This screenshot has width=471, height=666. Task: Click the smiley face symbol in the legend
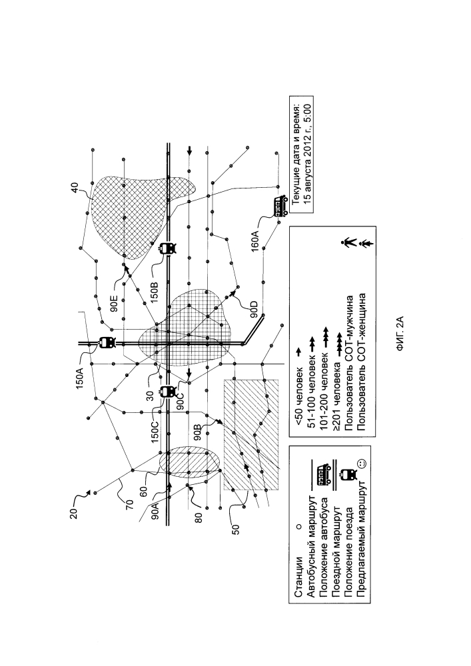360,463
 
